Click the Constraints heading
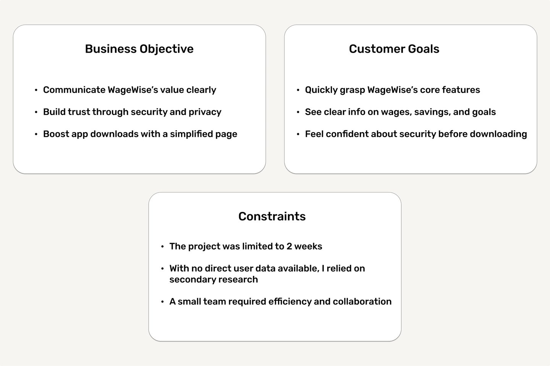(x=272, y=216)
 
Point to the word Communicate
(x=74, y=90)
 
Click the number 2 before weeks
(x=289, y=246)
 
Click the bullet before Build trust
(x=36, y=112)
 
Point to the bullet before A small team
(x=162, y=302)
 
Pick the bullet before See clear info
(x=298, y=112)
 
